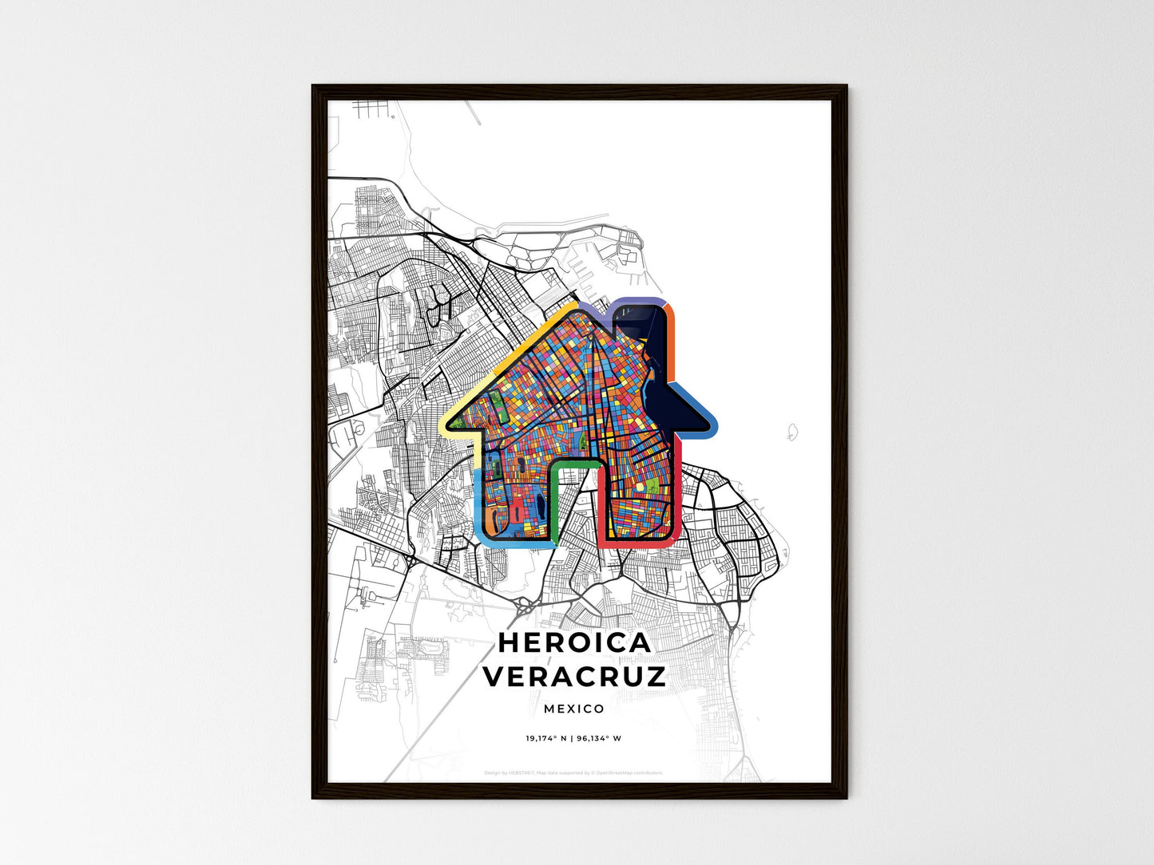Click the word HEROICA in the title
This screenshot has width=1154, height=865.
point(574,642)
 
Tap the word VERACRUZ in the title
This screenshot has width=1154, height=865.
point(574,677)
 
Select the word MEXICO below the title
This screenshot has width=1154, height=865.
point(574,709)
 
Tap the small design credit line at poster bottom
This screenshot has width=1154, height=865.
point(573,772)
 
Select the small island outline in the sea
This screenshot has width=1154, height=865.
point(791,432)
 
